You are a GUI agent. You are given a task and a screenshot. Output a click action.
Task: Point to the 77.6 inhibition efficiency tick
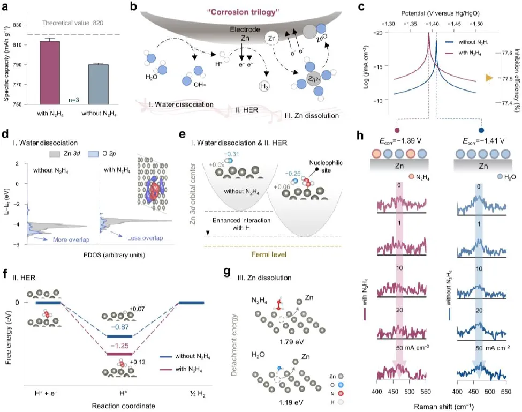[507, 53]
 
